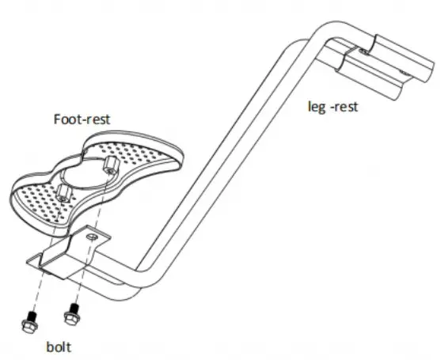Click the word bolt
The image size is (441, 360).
click(x=59, y=347)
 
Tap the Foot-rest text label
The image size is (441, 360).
click(x=82, y=119)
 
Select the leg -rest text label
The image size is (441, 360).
click(x=333, y=107)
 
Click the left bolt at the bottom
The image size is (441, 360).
click(x=29, y=323)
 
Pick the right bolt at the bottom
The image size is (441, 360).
click(x=73, y=314)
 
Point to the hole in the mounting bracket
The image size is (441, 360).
click(x=91, y=237)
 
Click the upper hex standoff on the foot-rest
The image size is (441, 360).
click(x=111, y=165)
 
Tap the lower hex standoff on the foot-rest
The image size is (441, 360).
click(x=63, y=193)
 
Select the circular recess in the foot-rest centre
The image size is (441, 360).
click(x=85, y=175)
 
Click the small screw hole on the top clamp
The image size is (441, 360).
click(x=363, y=51)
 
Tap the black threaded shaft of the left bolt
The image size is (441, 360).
click(x=32, y=317)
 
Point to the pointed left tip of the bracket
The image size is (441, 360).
click(x=27, y=262)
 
